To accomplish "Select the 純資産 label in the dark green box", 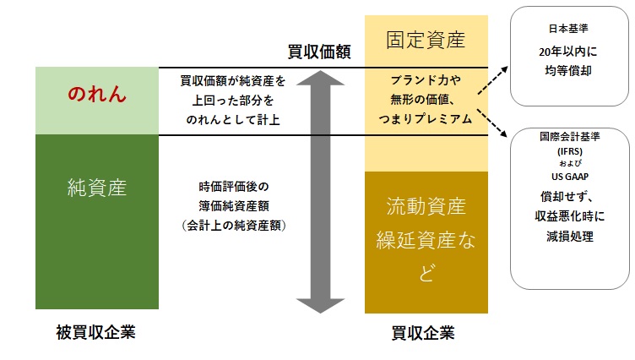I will [x=97, y=188].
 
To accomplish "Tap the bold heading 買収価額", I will [x=319, y=53].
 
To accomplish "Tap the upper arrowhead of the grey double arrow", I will [x=318, y=81].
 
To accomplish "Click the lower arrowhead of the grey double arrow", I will [x=318, y=303].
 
